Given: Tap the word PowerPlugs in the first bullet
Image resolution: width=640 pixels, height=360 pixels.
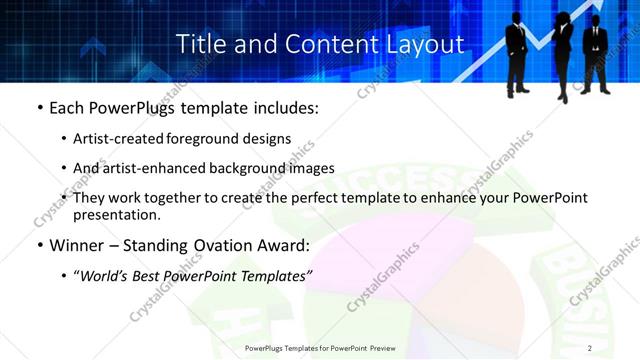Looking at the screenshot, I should click(134, 107).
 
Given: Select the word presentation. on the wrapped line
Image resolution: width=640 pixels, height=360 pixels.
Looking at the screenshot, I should click(117, 214).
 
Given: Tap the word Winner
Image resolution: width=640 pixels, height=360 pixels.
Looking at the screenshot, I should click(78, 245).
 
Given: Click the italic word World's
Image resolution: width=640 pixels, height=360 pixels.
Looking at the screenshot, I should click(105, 276).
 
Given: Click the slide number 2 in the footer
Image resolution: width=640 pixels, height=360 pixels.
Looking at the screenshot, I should click(590, 347).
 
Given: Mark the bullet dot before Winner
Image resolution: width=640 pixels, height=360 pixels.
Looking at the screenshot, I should click(40, 246).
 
